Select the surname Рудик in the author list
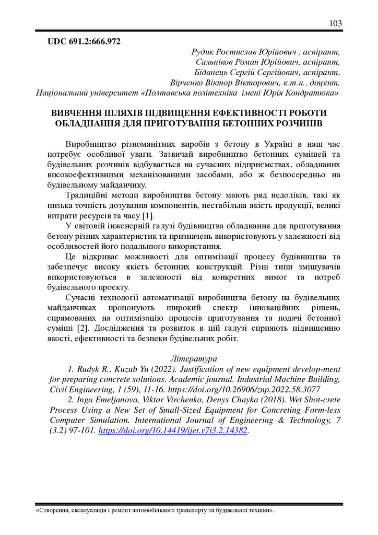tap(205, 52)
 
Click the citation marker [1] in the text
tap(148, 216)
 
